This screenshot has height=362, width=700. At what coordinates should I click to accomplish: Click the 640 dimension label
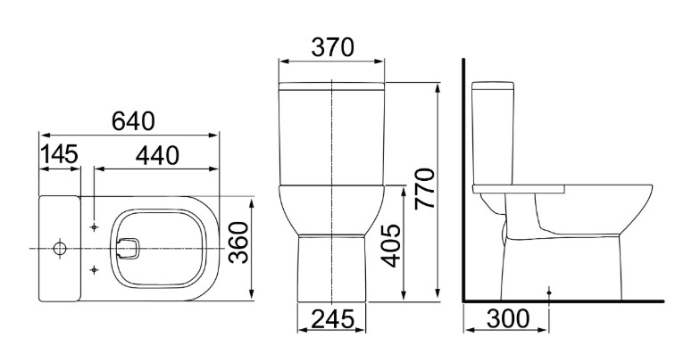tap(133, 121)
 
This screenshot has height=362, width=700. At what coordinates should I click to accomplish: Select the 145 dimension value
tap(59, 154)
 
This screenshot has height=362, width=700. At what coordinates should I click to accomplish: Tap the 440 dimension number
tap(157, 155)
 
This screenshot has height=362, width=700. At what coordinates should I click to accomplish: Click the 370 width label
tap(332, 47)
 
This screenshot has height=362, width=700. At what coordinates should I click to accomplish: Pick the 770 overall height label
tap(425, 189)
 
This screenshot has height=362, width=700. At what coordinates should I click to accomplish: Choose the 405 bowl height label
tap(393, 246)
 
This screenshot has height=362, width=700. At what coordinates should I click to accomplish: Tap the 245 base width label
tap(332, 319)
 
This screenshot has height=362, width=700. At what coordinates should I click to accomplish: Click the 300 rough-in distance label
tap(507, 319)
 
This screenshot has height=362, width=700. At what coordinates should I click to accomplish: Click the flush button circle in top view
tap(60, 248)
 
